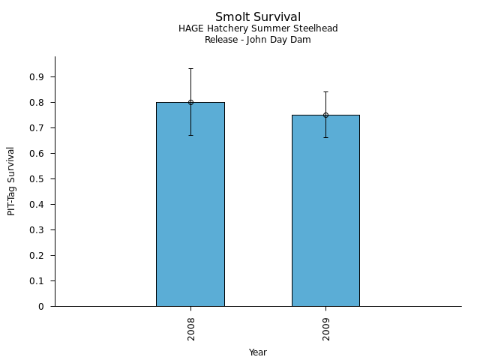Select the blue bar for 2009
(325, 217)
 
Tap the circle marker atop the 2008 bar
(190, 102)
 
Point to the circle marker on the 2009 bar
(325, 115)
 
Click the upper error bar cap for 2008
(190, 69)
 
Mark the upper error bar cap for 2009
(325, 91)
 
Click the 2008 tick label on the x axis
(191, 328)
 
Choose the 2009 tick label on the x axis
(326, 328)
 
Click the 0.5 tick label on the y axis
(37, 179)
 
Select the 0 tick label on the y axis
(42, 307)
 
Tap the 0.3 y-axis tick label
(37, 230)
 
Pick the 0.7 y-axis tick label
(37, 128)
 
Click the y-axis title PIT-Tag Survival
(11, 181)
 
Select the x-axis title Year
(258, 352)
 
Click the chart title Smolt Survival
(258, 16)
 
